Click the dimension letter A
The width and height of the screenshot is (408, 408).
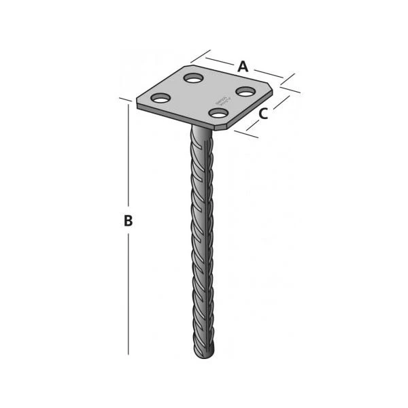coord(242,67)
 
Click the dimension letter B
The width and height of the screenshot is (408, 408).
coord(127,221)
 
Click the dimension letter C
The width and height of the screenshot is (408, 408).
coord(263,114)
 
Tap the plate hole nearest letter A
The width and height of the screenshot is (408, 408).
coord(244,90)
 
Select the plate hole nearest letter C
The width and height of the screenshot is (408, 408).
coord(218,112)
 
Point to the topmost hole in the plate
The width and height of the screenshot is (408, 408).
coord(194,78)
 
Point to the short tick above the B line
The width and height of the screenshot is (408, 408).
coord(124,99)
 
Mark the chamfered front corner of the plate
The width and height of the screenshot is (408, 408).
coord(231,124)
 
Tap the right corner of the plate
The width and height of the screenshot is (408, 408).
coord(273,88)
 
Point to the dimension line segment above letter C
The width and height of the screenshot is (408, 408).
coord(278,101)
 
